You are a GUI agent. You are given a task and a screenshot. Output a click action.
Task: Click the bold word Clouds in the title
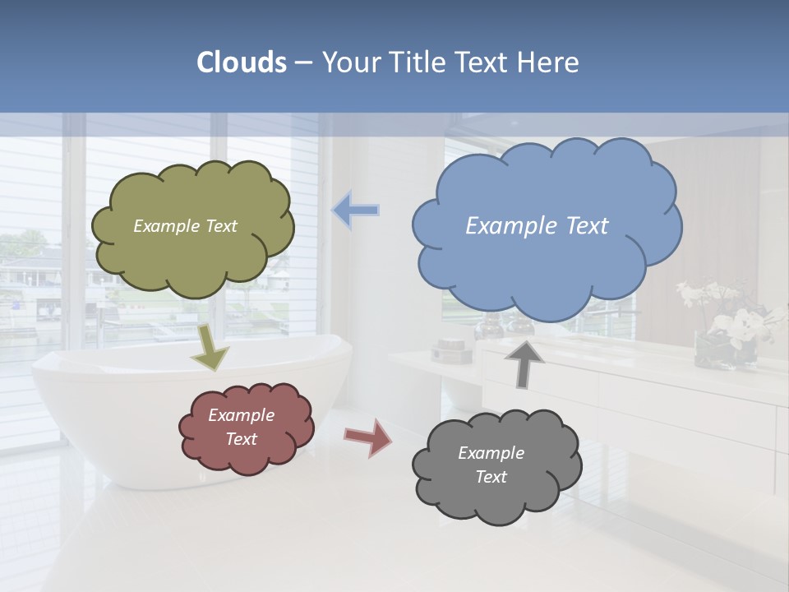click(242, 62)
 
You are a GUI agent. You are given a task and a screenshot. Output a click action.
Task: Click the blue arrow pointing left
click(356, 210)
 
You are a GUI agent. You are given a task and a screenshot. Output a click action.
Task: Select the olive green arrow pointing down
click(210, 347)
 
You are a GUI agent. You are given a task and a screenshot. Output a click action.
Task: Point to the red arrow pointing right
click(368, 437)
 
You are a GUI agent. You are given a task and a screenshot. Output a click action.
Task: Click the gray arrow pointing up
click(524, 363)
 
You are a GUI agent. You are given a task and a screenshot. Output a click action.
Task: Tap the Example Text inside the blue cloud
click(537, 226)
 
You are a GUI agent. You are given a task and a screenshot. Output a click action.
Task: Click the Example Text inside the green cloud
click(185, 226)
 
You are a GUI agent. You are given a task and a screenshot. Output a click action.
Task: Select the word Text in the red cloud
click(242, 439)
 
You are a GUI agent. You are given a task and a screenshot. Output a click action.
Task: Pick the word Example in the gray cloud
click(491, 453)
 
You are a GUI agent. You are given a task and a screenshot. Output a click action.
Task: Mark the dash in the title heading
click(303, 62)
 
